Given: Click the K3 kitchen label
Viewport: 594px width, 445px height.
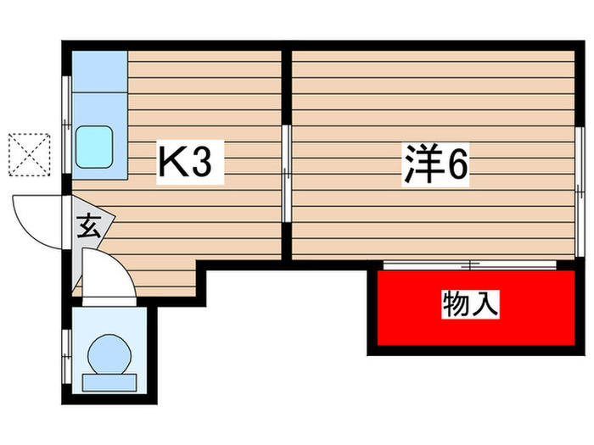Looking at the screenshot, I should (x=188, y=163).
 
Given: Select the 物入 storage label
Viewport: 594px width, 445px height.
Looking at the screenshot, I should (x=470, y=304).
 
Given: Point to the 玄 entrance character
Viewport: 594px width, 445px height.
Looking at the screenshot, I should (x=87, y=226).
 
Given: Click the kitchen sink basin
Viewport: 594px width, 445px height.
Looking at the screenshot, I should (x=95, y=147).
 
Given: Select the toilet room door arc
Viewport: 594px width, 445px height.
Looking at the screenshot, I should (x=108, y=275).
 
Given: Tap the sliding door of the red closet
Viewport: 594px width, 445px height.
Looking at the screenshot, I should (x=468, y=266).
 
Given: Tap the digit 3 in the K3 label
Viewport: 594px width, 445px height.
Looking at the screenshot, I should (x=202, y=163).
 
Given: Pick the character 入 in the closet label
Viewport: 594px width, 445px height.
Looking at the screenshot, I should (x=485, y=304).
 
